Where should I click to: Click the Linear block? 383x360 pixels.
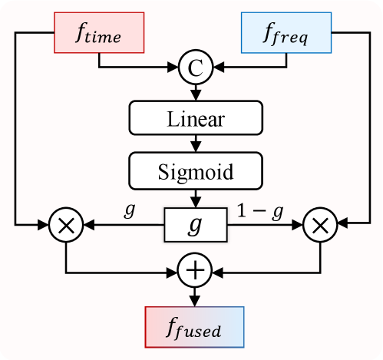(x=196, y=119)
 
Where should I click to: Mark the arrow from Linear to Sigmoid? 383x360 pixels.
(x=196, y=143)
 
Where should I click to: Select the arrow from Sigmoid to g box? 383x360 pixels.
(x=196, y=197)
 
